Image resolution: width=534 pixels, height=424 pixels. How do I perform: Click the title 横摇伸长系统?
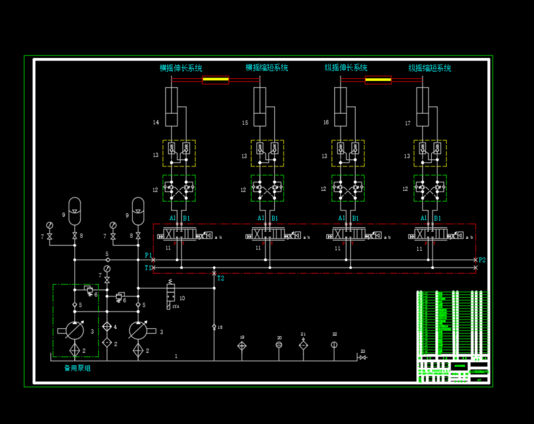point(181,68)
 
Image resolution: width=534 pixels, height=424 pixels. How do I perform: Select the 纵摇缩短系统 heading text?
point(430,68)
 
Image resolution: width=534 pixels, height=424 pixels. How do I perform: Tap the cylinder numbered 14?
point(171,106)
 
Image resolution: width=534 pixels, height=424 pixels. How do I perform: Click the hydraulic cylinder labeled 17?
point(423,106)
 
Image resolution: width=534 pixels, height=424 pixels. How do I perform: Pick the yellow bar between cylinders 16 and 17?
point(378,80)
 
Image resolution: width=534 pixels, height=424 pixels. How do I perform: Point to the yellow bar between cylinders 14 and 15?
point(216,80)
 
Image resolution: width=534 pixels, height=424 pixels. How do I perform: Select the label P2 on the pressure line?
point(482,260)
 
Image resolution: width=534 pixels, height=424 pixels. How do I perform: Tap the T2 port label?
point(221,278)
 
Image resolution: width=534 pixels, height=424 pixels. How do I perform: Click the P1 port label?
point(148,255)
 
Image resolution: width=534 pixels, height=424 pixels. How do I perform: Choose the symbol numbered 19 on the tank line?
point(242,346)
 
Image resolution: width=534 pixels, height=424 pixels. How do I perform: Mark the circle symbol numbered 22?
point(334,345)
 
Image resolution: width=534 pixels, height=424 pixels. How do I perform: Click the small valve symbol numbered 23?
point(362,357)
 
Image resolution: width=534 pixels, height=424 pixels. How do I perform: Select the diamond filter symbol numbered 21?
point(303,345)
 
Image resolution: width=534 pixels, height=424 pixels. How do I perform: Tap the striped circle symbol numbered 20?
point(279,345)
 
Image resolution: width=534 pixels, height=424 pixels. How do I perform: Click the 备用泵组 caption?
point(77,368)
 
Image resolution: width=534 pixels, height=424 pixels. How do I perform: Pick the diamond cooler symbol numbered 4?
point(107,326)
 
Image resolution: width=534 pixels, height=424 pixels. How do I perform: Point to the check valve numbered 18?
point(214,326)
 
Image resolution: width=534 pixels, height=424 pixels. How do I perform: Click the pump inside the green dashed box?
point(75,330)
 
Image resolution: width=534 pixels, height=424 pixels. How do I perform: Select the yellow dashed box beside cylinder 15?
point(267,153)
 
